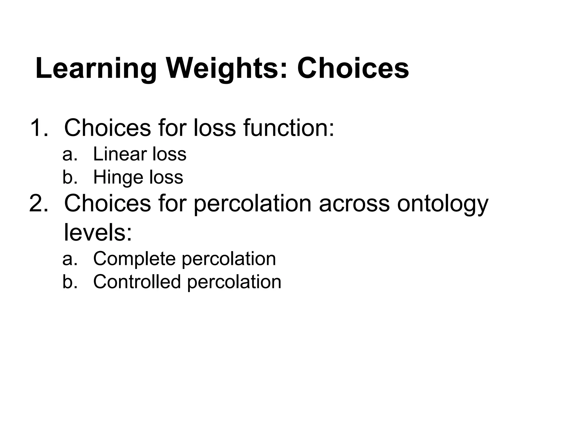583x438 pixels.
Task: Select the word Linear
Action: (119, 154)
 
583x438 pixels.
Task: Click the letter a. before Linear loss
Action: (70, 154)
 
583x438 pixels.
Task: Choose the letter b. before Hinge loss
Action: (70, 177)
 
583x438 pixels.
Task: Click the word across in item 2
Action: (354, 203)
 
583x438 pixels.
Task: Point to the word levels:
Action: (98, 232)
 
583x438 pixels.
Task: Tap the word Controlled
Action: (137, 282)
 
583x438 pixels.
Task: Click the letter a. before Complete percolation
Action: (70, 259)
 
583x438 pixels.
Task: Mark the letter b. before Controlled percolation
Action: (70, 282)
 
